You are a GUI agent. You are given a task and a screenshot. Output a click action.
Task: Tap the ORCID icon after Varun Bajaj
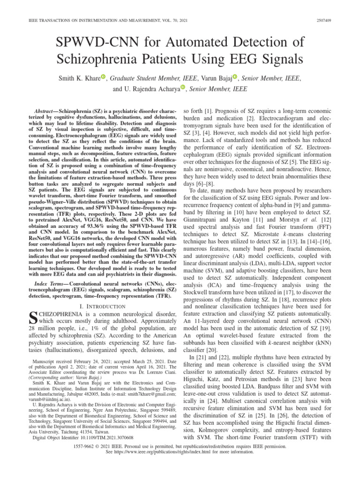pos(235,76)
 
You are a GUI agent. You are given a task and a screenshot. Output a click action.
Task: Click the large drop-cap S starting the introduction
pos(34,320)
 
